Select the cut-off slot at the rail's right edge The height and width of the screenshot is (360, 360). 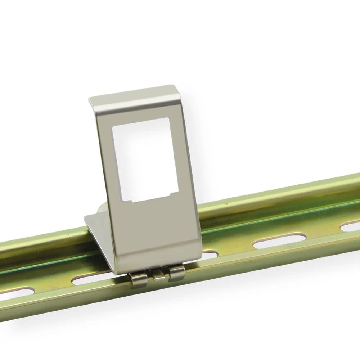tap(351, 226)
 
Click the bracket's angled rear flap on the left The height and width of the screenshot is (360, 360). tap(97, 230)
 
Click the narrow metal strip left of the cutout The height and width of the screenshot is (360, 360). tap(105, 162)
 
